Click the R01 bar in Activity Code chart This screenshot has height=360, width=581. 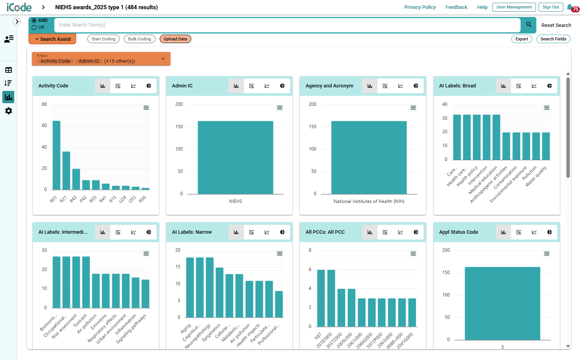(57, 155)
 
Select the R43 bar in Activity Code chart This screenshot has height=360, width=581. (76, 179)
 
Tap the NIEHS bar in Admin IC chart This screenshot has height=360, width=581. (235, 157)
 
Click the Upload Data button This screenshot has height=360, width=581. (175, 39)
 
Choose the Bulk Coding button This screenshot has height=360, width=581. (140, 39)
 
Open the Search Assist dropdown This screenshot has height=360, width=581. (52, 39)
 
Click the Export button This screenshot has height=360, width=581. (522, 39)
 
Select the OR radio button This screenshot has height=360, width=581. (34, 27)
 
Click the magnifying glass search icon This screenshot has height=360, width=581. (529, 25)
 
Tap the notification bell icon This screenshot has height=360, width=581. (569, 7)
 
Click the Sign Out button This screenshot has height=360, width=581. (551, 7)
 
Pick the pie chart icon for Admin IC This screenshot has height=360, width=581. (282, 86)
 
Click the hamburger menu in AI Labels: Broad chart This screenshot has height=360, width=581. (547, 108)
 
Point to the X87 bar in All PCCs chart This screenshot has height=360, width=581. (321, 298)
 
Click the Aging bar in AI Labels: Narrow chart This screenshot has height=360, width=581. (190, 288)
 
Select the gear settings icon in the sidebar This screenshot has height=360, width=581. (8, 111)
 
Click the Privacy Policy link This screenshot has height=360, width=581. (420, 7)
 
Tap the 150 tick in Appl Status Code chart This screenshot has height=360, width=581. (446, 273)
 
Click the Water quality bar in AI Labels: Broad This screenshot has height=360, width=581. (546, 146)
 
